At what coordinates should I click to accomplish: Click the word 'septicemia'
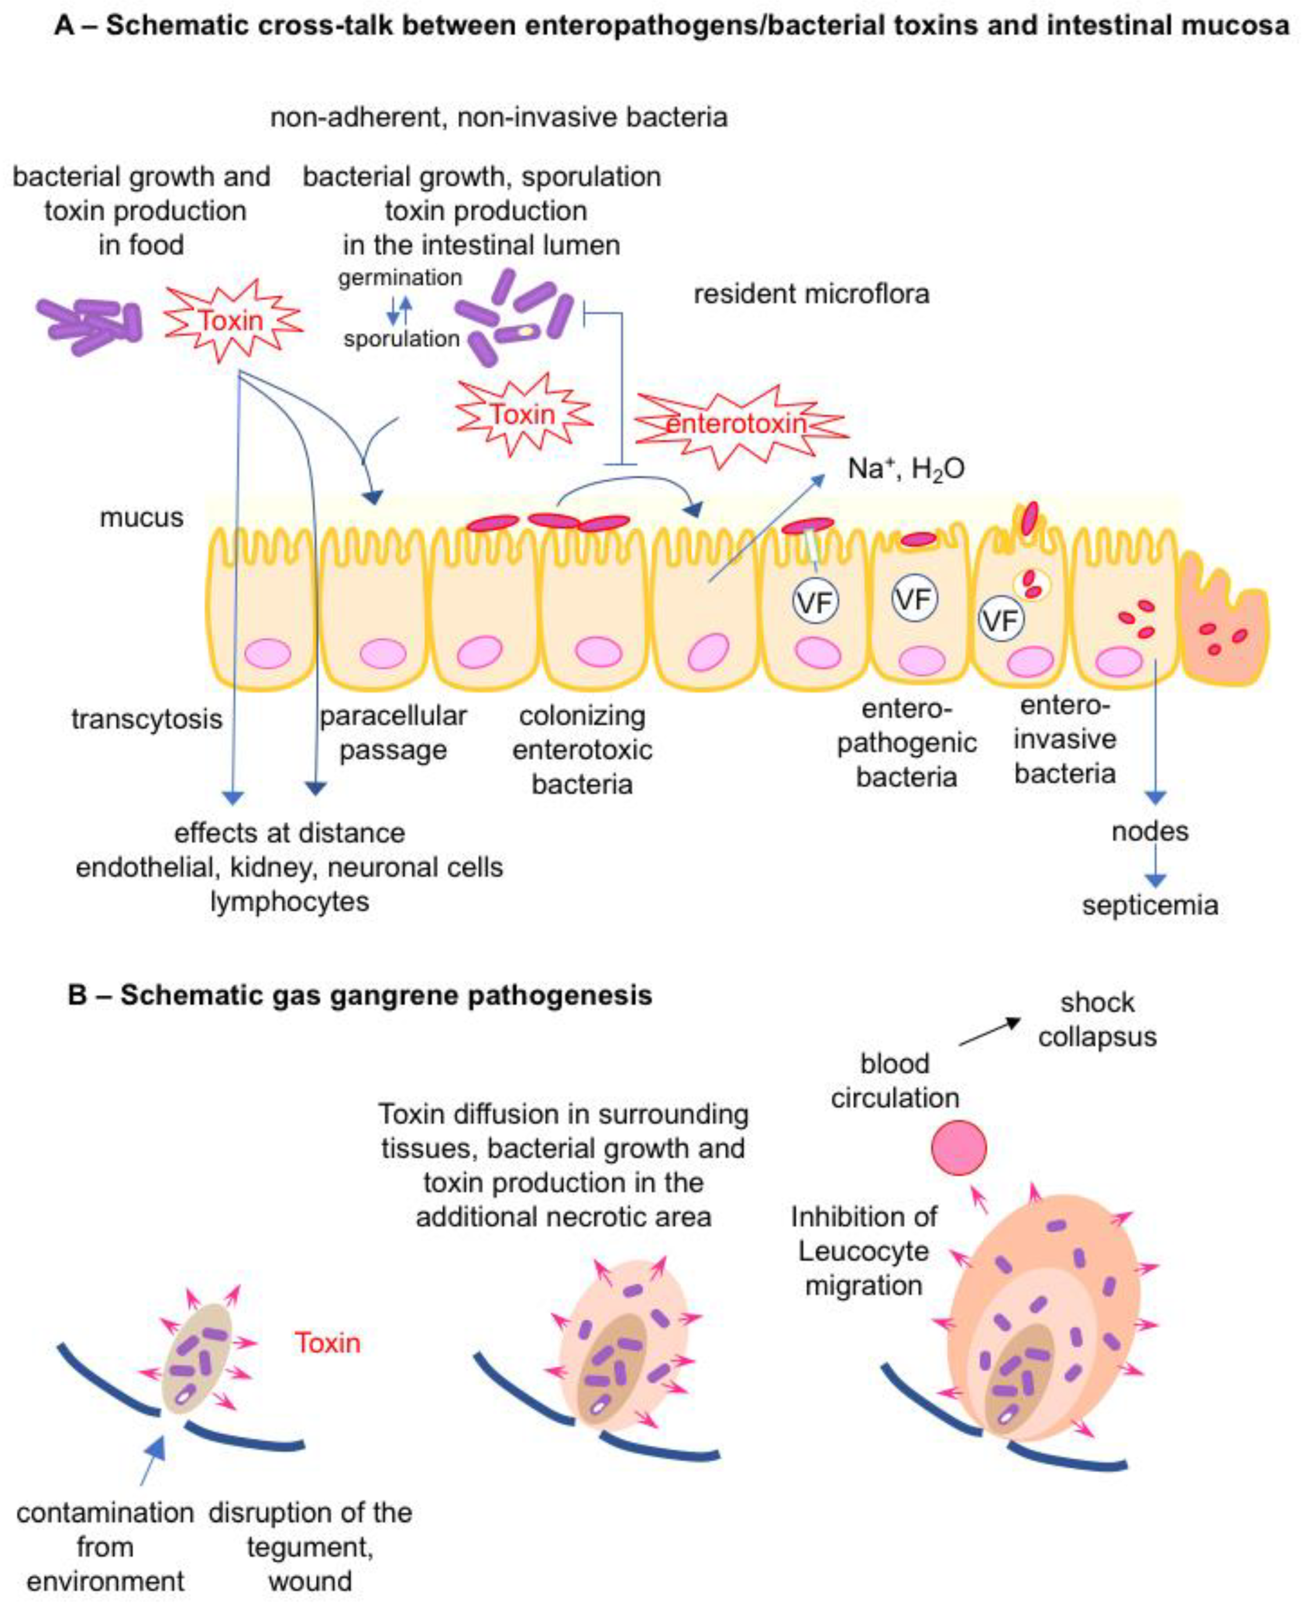click(1150, 905)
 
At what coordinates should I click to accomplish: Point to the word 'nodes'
click(1150, 831)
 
